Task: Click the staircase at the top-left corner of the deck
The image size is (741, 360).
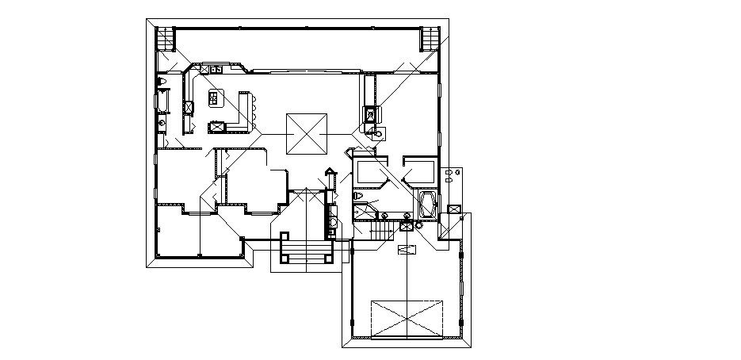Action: pos(164,38)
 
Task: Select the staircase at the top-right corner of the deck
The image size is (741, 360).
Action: pos(429,38)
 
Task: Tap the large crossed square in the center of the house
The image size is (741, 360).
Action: pos(306,134)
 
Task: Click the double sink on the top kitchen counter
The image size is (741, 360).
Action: pos(216,70)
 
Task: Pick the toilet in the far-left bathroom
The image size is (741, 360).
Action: pos(162,81)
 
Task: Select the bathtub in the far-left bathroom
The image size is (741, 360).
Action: pos(163,101)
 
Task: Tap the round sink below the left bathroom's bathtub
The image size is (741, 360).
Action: pos(162,122)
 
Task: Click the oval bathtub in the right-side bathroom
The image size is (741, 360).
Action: pos(428,204)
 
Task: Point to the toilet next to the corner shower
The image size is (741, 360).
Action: pos(358,194)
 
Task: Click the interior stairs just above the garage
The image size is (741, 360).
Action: pos(383,230)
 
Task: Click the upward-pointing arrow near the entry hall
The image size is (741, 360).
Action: pos(330,170)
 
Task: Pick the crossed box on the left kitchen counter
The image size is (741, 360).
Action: pos(189,106)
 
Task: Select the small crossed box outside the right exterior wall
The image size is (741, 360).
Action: pos(454,209)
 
